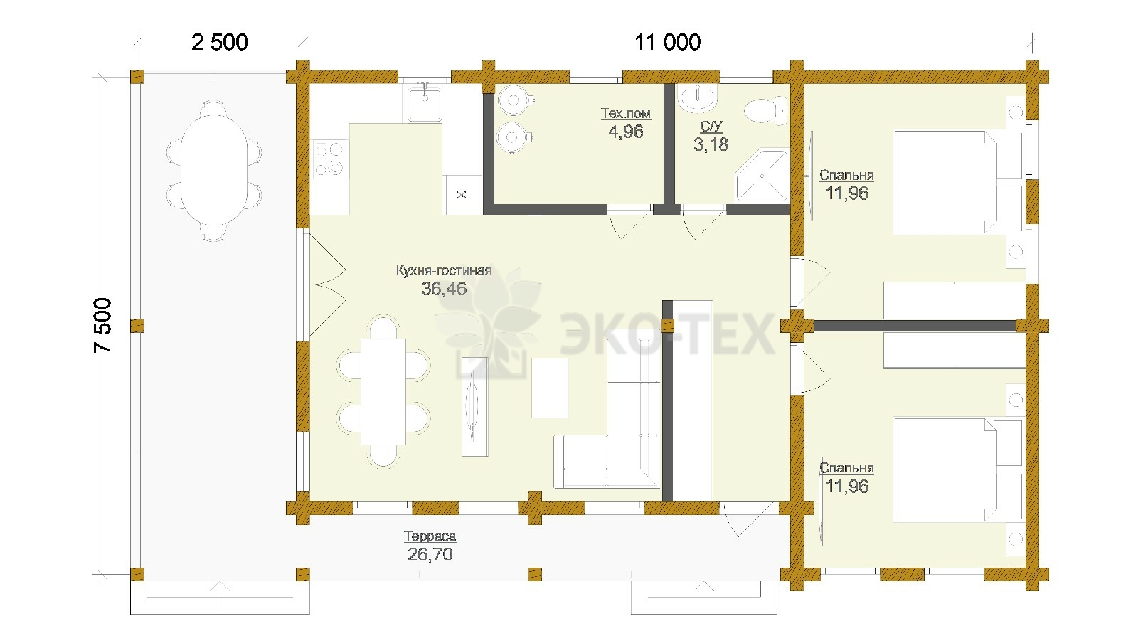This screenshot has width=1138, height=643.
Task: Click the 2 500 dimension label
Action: tap(220, 42)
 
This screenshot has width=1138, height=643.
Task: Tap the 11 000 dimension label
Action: tap(668, 42)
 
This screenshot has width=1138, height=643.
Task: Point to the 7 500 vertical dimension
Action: tap(102, 325)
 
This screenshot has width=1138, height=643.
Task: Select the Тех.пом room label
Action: tap(625, 113)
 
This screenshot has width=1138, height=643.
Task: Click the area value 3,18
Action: tap(711, 145)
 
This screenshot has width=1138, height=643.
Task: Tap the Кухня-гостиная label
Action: tap(444, 270)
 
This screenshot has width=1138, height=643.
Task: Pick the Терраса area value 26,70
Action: tap(430, 554)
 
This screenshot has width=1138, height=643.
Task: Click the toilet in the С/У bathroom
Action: tap(765, 111)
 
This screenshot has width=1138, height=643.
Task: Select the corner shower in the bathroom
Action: tap(762, 176)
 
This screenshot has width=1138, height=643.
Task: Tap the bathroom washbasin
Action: tap(698, 97)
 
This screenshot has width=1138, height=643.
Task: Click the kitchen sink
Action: tap(425, 104)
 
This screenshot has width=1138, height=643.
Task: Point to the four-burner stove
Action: tap(330, 159)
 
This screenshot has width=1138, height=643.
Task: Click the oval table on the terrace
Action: tap(214, 170)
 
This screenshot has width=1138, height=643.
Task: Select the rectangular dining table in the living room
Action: tap(383, 392)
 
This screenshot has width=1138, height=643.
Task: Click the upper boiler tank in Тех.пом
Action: tap(514, 100)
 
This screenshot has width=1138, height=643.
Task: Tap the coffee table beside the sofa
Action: tap(550, 388)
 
